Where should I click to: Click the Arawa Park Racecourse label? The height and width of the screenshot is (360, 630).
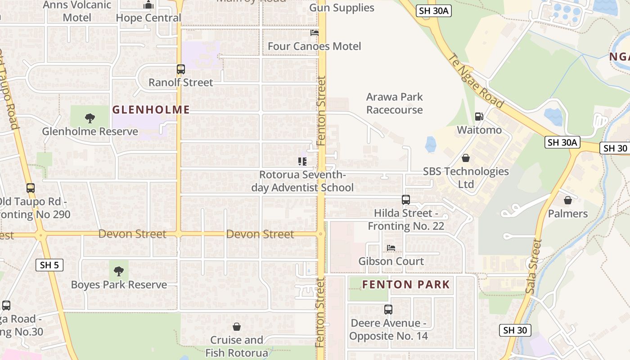[x=394, y=103]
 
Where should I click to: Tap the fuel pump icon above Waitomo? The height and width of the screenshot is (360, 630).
[x=479, y=117]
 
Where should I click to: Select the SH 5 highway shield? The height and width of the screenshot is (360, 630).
[x=49, y=265]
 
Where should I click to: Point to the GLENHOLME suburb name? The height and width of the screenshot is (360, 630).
[x=151, y=109]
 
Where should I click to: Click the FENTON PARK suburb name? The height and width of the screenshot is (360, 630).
[x=406, y=284]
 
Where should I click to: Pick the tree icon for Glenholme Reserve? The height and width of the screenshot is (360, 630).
[x=90, y=118]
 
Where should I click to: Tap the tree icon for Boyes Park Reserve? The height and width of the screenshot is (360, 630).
[x=119, y=271]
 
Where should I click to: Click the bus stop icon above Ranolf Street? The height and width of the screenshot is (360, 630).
[x=180, y=69]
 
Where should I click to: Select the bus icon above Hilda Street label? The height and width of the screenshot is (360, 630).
[x=405, y=199]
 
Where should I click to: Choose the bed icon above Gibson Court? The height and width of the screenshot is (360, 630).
[x=391, y=248]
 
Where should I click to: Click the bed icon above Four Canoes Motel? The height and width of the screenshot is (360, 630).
[x=315, y=33]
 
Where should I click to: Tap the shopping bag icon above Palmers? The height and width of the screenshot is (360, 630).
[x=568, y=200]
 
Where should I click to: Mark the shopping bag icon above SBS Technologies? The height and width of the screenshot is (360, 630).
[x=466, y=158]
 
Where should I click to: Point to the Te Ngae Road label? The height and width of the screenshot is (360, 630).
[x=477, y=81]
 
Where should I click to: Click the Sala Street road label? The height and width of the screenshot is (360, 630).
[x=534, y=266]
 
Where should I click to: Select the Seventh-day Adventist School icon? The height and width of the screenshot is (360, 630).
[x=302, y=161]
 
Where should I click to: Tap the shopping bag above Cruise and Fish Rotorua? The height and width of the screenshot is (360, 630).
[x=237, y=327]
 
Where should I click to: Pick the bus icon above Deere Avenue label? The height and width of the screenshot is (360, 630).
[x=388, y=310]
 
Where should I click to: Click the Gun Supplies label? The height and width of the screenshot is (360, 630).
[x=342, y=8]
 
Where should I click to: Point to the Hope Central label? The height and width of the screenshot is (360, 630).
[x=148, y=18]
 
